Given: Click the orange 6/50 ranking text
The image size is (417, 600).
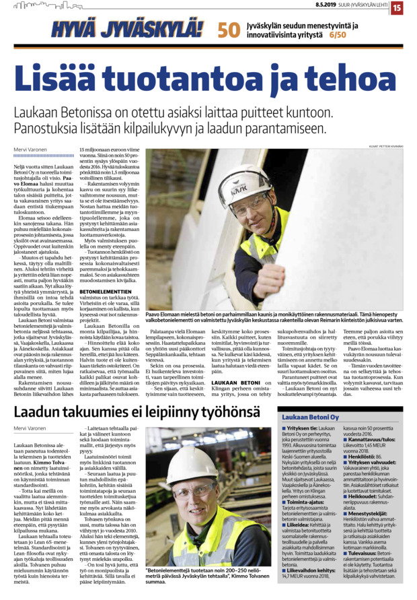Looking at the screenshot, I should pyautogui.click(x=339, y=34).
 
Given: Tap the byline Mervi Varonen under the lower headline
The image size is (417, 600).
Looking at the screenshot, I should pyautogui.click(x=28, y=428).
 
